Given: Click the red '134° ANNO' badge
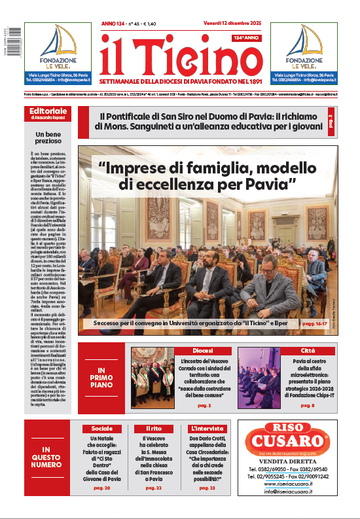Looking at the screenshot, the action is click(246, 39).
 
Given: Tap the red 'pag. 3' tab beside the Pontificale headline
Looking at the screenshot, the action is click(330, 121).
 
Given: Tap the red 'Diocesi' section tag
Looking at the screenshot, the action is click(202, 351).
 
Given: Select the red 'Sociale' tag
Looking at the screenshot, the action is click(102, 428).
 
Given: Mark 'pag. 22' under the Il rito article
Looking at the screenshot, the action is click(152, 488).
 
